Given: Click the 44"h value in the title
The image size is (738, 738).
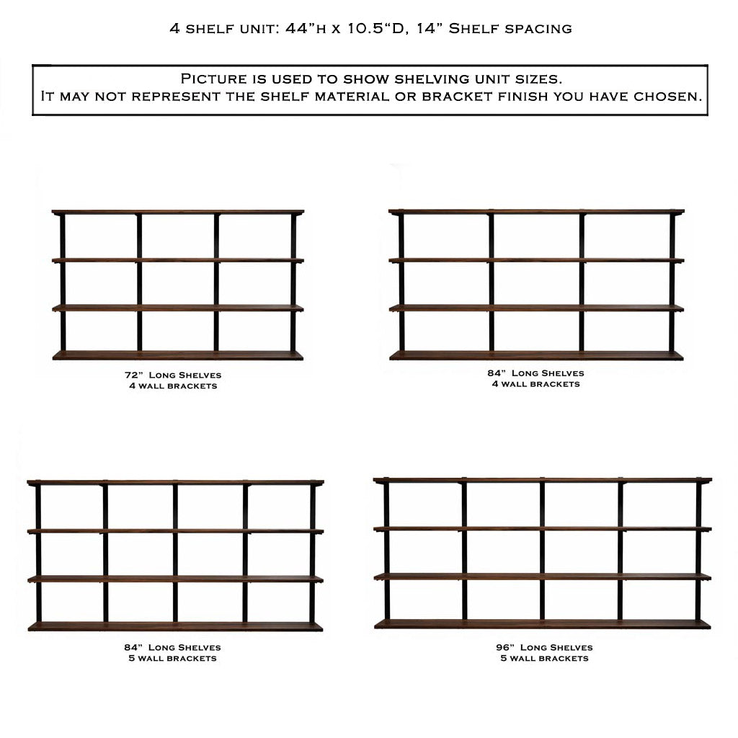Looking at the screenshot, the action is [306, 28].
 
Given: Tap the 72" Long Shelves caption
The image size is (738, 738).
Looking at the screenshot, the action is [173, 375].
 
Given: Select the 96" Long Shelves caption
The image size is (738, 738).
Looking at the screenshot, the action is [544, 648].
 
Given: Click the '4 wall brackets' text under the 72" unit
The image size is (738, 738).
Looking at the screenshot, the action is [173, 386].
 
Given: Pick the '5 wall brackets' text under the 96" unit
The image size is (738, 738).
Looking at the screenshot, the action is [545, 659].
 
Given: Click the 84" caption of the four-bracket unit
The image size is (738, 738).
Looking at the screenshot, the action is [535, 373].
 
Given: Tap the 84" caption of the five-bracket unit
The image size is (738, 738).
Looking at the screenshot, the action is [172, 648].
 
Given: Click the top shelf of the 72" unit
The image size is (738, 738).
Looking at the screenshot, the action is [178, 213].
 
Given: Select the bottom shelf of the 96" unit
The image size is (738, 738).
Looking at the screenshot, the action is [542, 624].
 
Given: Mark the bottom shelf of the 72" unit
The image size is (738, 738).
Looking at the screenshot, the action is [178, 355].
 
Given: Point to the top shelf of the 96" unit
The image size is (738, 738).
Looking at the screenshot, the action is [543, 480].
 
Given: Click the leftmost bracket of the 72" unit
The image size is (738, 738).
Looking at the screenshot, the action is [63, 283].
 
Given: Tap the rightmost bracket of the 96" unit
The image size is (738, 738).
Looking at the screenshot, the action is [698, 551].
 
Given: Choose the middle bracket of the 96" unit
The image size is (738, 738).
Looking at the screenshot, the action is [542, 551].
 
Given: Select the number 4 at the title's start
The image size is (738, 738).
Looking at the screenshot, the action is [174, 29].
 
